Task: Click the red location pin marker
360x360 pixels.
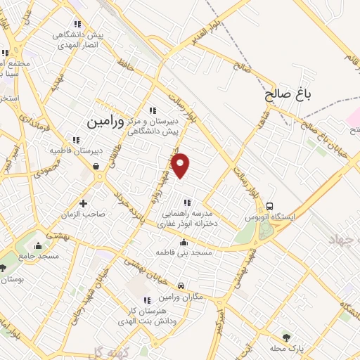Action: pos(181,165)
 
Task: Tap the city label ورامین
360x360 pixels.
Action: pos(105,122)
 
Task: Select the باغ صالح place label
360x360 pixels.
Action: pos(288,94)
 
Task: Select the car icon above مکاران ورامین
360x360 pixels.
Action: pos(181,286)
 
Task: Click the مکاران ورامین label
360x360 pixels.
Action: pos(182,297)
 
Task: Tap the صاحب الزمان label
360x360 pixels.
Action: pos(85,215)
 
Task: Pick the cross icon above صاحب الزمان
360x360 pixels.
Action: pos(84,204)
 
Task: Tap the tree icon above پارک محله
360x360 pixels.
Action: pos(285,337)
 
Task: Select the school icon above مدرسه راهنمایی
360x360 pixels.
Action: pos(187,203)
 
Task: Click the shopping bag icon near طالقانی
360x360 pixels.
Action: pos(96,167)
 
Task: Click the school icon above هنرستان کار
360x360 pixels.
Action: pos(146,300)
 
